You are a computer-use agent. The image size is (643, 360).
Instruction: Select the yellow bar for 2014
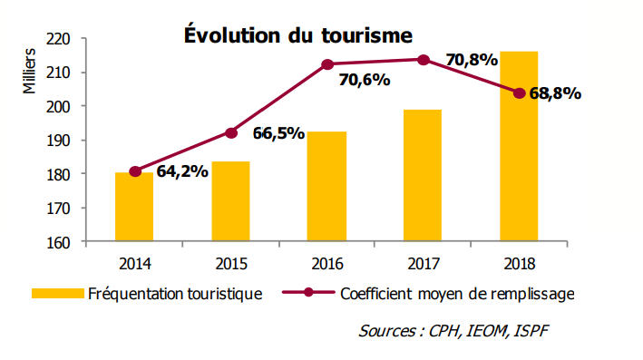[134, 207]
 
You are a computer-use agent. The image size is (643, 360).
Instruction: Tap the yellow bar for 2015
[230, 201]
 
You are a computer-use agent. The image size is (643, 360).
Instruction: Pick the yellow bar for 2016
[326, 187]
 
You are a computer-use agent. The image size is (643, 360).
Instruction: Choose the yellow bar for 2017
[423, 176]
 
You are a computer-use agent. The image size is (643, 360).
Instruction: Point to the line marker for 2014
[135, 171]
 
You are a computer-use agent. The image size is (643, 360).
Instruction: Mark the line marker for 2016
[327, 64]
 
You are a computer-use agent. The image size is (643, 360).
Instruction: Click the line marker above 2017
[424, 60]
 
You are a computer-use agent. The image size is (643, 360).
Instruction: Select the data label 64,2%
[183, 171]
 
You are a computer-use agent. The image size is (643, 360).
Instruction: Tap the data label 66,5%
[278, 133]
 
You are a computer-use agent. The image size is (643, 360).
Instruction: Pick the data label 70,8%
[472, 61]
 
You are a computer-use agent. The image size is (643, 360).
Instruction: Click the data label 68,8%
[554, 93]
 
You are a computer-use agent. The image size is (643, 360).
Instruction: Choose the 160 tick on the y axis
[61, 242]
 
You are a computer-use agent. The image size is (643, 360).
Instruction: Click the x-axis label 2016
[326, 265]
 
